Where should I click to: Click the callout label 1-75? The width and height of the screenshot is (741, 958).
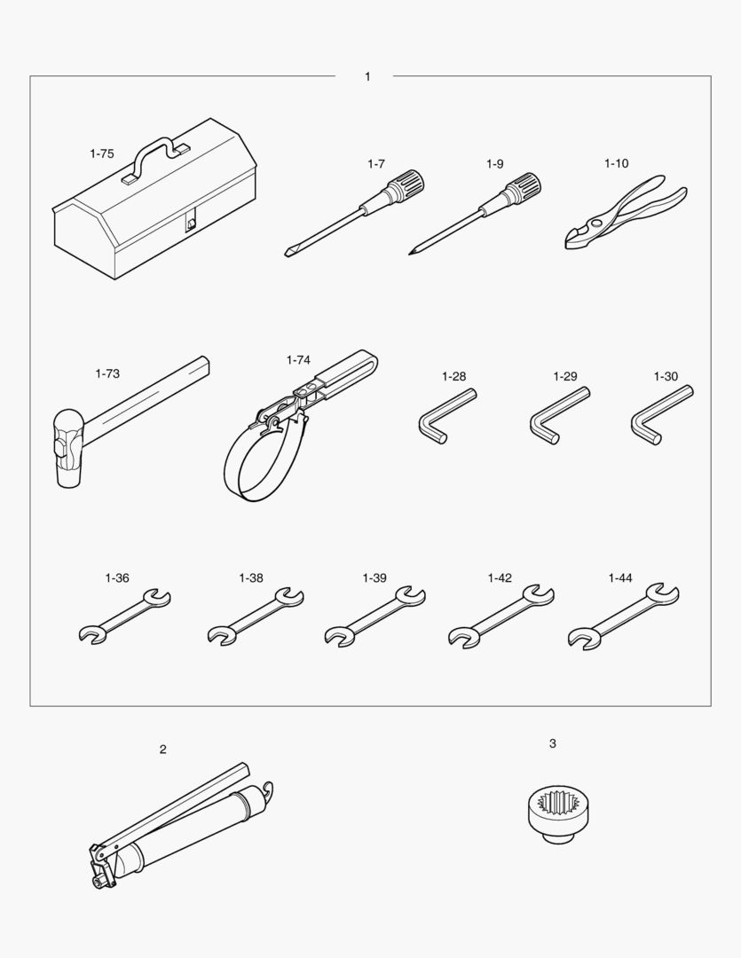coord(101,154)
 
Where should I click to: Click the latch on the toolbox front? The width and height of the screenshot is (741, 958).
coord(192,224)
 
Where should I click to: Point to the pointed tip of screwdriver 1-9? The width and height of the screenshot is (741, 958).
coord(411,252)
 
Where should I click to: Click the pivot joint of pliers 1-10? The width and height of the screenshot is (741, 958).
coord(595,222)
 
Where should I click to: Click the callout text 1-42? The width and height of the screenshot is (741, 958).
coord(500,578)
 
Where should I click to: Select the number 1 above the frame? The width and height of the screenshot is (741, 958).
coord(367,77)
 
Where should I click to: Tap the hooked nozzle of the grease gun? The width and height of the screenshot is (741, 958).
coord(268,792)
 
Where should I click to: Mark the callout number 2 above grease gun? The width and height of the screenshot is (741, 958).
coord(162,750)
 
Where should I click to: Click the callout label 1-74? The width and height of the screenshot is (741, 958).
coord(298,360)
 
